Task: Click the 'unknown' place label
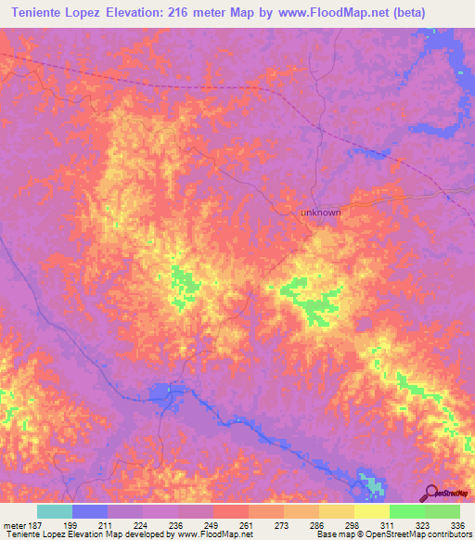[x=320, y=212]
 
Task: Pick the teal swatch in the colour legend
[x=55, y=511]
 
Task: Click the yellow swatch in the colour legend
[x=372, y=511]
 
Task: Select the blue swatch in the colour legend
[x=90, y=511]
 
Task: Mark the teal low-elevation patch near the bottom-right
[x=371, y=484]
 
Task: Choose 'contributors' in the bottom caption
[x=445, y=534]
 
